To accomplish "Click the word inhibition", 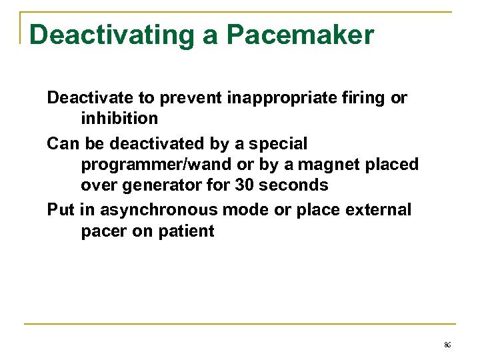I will click(119, 119).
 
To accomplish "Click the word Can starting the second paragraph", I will click(63, 143).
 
